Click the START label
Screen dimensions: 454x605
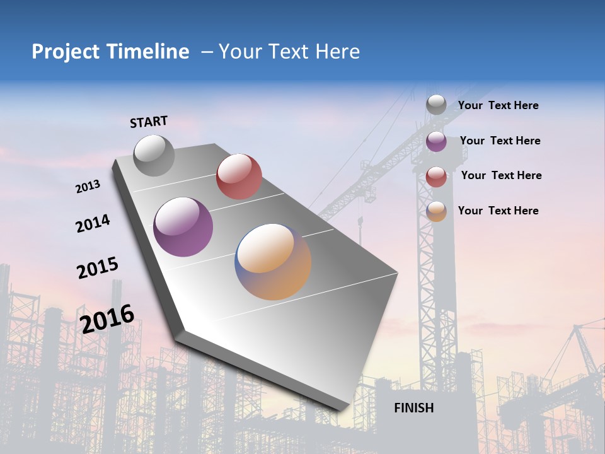coord(149,122)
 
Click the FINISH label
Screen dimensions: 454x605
coord(413,408)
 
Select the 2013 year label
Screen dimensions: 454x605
coord(88,187)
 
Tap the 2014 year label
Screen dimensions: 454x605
coord(93,224)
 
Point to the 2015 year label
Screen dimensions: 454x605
coord(98,268)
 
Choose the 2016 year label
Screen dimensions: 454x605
coord(107,318)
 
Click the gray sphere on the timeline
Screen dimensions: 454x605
coord(154,155)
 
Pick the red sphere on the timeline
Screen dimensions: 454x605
coord(239,177)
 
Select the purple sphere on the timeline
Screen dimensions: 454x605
coord(183,227)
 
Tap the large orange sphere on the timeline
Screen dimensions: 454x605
coord(273,262)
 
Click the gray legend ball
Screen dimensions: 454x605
coord(436,105)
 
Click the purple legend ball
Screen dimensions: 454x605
coord(436,141)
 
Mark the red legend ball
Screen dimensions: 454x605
coord(436,177)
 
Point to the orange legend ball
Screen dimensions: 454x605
coord(436,211)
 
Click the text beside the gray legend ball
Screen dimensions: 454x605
coord(498,106)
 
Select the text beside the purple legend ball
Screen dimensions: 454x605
coord(500,141)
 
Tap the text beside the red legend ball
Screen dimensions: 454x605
coord(501,175)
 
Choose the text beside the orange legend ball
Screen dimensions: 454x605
coord(498,211)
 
